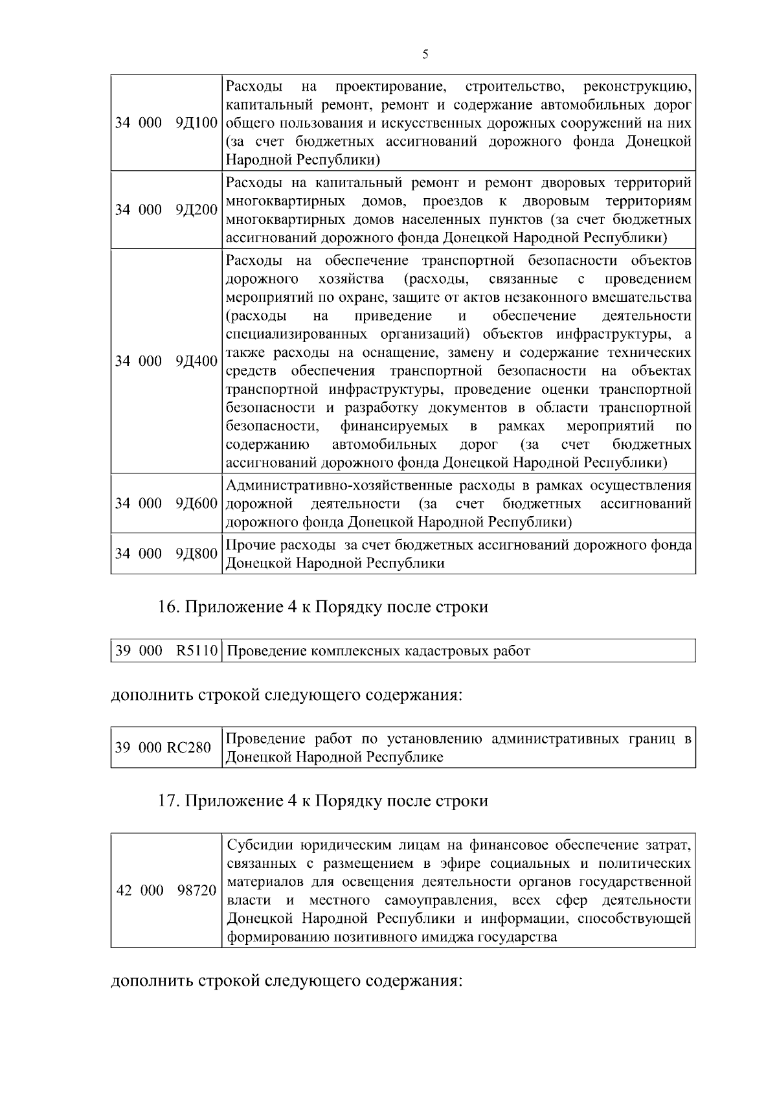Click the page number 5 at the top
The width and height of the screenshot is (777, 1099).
pos(425,54)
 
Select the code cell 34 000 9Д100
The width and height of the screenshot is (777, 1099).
pos(166,123)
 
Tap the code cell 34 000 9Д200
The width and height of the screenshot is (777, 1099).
pos(166,210)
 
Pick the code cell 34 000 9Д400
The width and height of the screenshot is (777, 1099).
pos(166,361)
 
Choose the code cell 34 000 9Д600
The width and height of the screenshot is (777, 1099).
pos(166,503)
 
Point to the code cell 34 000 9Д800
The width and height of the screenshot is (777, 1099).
pos(166,554)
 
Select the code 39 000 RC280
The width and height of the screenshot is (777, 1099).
pos(163,747)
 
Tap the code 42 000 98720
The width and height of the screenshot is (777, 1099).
pos(166,890)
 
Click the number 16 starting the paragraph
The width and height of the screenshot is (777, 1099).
pos(167,607)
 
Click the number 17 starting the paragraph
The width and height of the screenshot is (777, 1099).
pos(167,801)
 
